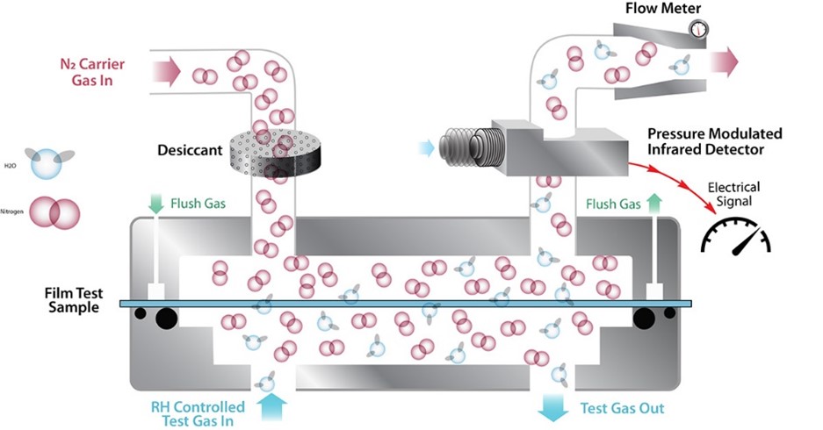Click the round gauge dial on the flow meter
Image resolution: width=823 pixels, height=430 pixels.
point(698,28)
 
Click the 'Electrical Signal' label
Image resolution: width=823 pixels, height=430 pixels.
point(733,195)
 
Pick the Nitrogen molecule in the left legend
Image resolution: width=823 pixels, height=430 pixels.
point(54,213)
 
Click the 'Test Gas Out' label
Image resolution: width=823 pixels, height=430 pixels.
point(622,408)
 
